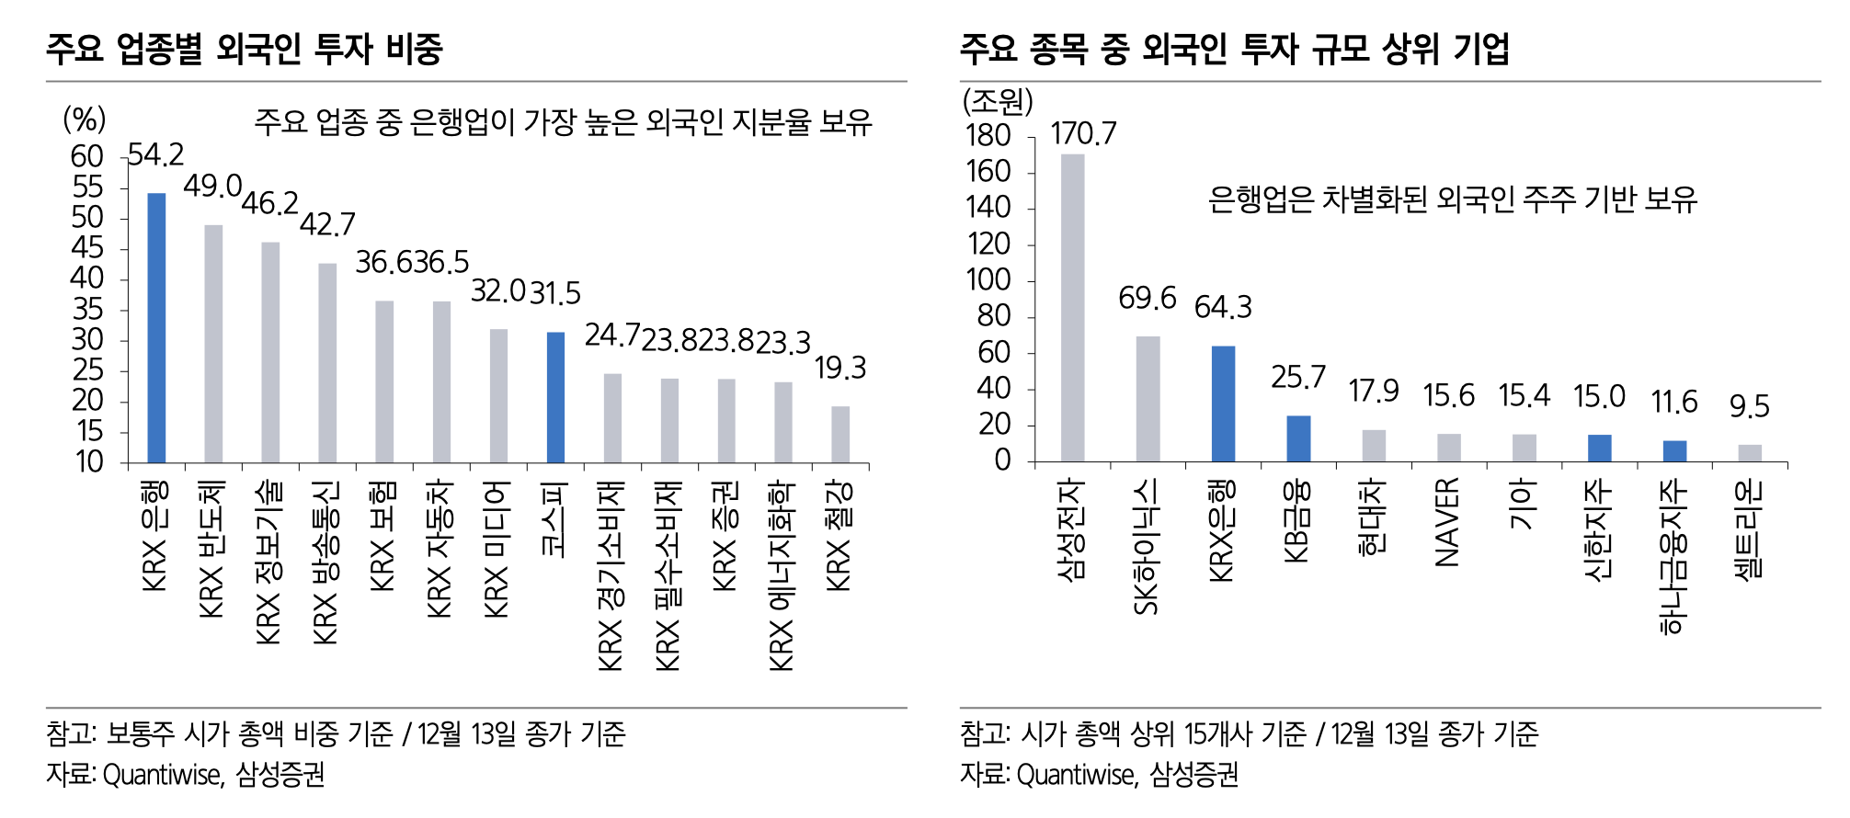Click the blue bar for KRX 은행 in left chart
coord(157,327)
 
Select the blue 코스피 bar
coord(555,397)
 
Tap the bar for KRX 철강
coord(840,434)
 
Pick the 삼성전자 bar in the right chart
coord(1072,307)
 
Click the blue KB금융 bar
coord(1298,438)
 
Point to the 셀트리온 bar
coord(1750,452)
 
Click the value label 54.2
coord(156,154)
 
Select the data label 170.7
coord(1083,134)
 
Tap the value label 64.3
coord(1223,307)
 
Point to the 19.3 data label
coord(840,369)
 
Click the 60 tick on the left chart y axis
coord(87,157)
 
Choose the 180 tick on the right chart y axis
coord(988,136)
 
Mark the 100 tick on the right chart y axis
coord(988,280)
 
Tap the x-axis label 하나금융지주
coord(1673,557)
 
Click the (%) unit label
coord(84,119)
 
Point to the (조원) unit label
coord(999,100)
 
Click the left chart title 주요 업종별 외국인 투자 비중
coord(245,49)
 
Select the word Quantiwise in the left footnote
coord(162,775)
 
